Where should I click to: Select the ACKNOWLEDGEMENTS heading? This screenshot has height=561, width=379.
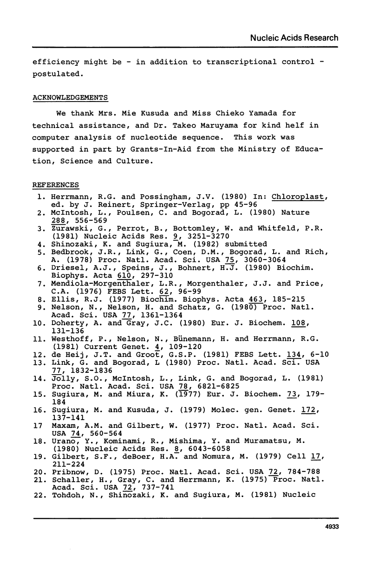pos(70,97)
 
